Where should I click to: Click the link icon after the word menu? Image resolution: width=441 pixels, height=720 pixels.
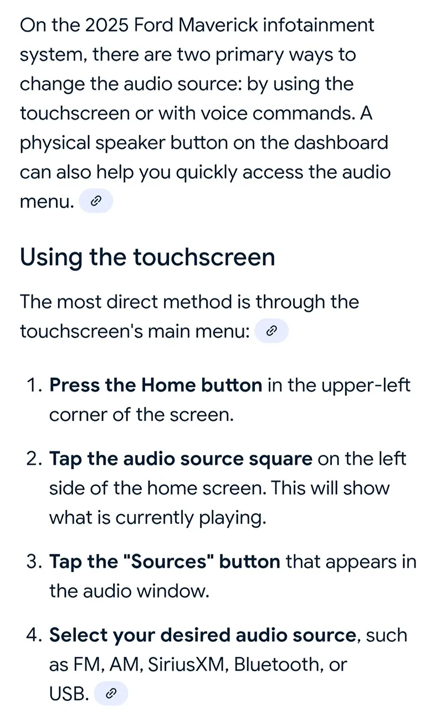pyautogui.click(x=96, y=201)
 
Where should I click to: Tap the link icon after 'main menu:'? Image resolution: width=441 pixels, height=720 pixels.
pyautogui.click(x=271, y=331)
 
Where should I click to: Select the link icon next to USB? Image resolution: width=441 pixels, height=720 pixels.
pyautogui.click(x=111, y=693)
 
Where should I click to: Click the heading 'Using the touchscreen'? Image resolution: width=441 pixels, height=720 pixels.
pyautogui.click(x=147, y=258)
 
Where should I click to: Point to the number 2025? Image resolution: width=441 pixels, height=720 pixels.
pyautogui.click(x=107, y=25)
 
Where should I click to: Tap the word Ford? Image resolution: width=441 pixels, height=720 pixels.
pyautogui.click(x=153, y=25)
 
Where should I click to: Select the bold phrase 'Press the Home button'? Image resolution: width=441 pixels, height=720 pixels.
pyautogui.click(x=156, y=385)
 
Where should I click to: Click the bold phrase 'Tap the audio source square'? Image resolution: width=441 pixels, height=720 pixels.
pyautogui.click(x=181, y=459)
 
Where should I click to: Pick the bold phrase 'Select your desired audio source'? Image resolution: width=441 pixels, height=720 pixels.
pyautogui.click(x=203, y=635)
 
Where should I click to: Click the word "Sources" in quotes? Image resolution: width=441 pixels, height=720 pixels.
pyautogui.click(x=168, y=562)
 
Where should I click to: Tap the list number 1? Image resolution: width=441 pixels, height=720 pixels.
pyautogui.click(x=34, y=385)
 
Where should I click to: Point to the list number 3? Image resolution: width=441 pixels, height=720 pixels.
pyautogui.click(x=34, y=562)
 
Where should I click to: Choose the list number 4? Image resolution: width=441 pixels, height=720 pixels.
pyautogui.click(x=34, y=635)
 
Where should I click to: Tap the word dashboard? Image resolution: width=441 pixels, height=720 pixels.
pyautogui.click(x=341, y=142)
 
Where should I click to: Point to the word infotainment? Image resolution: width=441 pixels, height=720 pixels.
pyautogui.click(x=319, y=25)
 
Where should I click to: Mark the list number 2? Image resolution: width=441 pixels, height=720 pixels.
pyautogui.click(x=34, y=459)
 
